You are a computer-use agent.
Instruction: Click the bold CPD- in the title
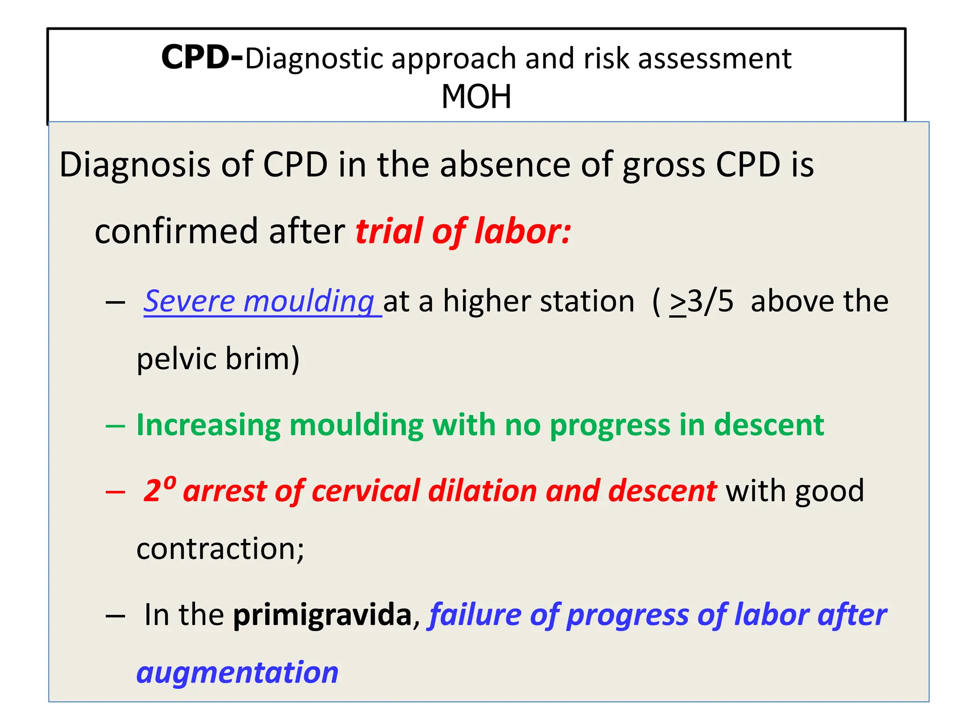[x=201, y=58]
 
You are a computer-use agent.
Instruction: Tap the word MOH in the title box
[x=476, y=97]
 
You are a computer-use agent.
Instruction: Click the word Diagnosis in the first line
[x=134, y=165]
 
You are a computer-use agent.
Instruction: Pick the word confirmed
[x=176, y=231]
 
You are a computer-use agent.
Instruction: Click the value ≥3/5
[x=701, y=301]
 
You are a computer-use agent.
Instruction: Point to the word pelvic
[x=176, y=359]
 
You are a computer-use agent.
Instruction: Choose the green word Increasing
[x=208, y=425]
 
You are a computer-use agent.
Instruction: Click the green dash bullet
[x=115, y=426]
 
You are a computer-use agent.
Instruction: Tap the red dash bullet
[x=115, y=492]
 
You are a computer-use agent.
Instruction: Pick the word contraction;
[x=220, y=549]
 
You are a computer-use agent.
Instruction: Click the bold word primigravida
[x=322, y=615]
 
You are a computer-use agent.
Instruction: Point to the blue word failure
[x=475, y=615]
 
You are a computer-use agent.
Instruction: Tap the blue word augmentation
[x=237, y=672]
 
